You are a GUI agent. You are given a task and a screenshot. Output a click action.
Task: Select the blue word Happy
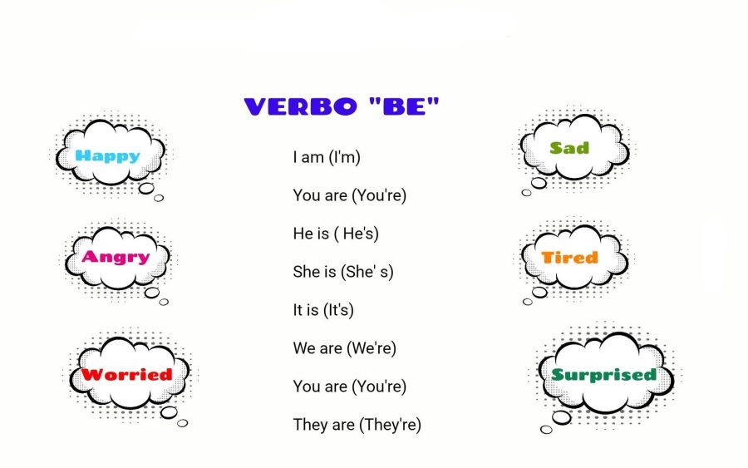pos(107,155)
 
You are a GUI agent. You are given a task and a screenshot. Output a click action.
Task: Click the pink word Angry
pos(116,258)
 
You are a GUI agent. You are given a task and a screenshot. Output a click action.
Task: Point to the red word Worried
pos(126,375)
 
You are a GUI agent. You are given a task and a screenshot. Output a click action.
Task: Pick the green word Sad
pos(569,148)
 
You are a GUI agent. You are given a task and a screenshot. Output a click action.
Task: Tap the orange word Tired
pos(569,258)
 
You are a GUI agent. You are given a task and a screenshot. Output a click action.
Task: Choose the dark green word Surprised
pos(603,375)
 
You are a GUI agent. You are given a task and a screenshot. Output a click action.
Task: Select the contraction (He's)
pos(357,234)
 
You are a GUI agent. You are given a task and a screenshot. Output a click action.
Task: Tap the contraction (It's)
pos(338,310)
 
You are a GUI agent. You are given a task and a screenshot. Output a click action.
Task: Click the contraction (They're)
pos(390,425)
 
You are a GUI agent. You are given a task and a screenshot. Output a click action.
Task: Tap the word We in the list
pos(303,348)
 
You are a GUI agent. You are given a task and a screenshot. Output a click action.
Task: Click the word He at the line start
pos(302,234)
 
